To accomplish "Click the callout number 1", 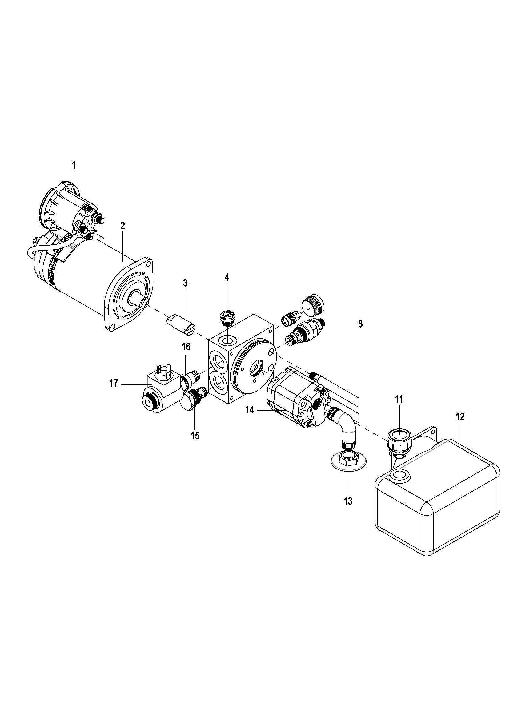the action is [x=74, y=165].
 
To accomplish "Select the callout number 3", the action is [x=185, y=283].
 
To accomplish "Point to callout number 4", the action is [x=226, y=277].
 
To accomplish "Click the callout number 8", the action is [x=360, y=324].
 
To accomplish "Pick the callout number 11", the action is [x=399, y=400].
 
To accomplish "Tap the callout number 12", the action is [x=460, y=417].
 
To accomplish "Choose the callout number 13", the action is [x=348, y=501].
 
